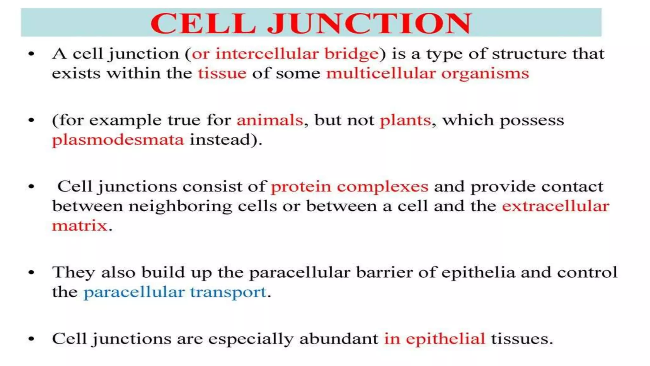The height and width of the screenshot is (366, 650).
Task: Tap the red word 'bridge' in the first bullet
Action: click(x=351, y=54)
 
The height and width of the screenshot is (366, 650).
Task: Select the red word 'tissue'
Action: click(x=222, y=73)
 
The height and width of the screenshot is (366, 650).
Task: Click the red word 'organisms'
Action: click(x=485, y=74)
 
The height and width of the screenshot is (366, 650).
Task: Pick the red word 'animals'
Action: click(x=270, y=120)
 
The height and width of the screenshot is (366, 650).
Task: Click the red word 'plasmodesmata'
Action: click(x=118, y=140)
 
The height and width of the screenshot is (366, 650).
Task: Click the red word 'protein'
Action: click(x=301, y=187)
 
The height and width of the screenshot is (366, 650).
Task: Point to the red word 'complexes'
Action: click(x=382, y=187)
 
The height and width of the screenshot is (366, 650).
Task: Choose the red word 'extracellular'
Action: click(x=555, y=206)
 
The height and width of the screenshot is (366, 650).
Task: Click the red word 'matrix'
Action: click(x=80, y=226)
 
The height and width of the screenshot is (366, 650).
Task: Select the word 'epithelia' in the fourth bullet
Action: click(x=478, y=273)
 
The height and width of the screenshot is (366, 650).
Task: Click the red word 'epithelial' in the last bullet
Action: click(x=445, y=339)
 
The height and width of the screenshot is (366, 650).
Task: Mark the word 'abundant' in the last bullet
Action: click(x=339, y=339)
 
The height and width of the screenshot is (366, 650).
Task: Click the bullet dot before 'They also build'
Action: click(x=31, y=273)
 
